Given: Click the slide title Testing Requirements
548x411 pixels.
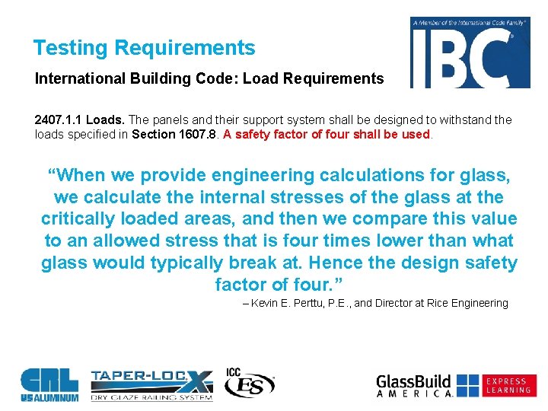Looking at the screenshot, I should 144,48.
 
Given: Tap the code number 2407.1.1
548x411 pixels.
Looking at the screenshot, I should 59,120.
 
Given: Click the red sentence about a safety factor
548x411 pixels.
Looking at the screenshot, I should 327,135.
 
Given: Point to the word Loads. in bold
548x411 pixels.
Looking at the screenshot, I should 106,120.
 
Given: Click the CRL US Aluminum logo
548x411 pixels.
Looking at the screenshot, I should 49,384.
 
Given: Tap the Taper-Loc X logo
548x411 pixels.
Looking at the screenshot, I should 151,384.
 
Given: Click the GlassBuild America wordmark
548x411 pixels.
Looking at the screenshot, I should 415,385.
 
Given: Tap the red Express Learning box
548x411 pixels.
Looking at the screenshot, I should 508,385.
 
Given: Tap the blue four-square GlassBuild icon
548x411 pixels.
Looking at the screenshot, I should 468,385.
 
